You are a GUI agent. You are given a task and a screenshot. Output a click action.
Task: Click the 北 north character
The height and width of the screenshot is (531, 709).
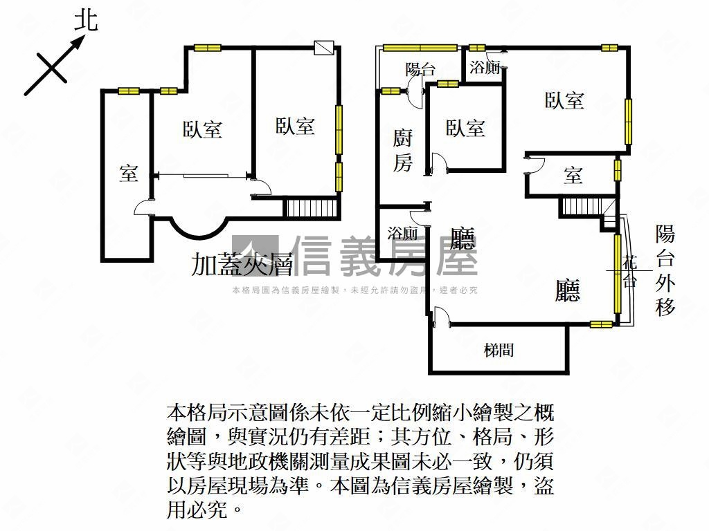pos(86,21)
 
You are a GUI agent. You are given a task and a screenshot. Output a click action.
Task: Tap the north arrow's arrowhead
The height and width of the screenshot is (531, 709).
pos(78,42)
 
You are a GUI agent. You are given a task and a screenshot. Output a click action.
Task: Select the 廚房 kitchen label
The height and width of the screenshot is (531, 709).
pos(402,150)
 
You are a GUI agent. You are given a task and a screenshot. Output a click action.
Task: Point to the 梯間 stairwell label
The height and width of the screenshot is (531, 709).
pos(499,349)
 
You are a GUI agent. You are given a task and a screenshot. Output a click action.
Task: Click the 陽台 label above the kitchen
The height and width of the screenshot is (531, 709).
pos(420,69)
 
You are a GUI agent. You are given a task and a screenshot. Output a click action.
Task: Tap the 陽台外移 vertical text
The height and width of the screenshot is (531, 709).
pos(665,271)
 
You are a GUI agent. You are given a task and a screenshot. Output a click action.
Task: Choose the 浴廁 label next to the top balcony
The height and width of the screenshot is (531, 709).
pos(484,68)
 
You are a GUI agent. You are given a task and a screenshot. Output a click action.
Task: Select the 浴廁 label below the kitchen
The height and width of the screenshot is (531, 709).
pos(402,233)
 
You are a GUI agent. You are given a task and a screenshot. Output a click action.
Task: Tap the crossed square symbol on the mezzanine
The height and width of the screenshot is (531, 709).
pos(324,48)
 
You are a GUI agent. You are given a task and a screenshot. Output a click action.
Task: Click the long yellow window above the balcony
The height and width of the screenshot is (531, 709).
pos(420,48)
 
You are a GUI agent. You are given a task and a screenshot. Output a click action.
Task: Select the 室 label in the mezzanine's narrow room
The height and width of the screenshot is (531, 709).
pos(128,173)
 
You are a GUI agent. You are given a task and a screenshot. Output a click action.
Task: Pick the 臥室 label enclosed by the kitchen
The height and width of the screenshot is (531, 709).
pos(465,128)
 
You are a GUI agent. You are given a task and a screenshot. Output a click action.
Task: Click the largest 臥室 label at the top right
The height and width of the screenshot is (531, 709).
pos(564,100)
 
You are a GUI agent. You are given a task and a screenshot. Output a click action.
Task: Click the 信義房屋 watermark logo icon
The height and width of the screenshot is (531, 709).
pos(255,254)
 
